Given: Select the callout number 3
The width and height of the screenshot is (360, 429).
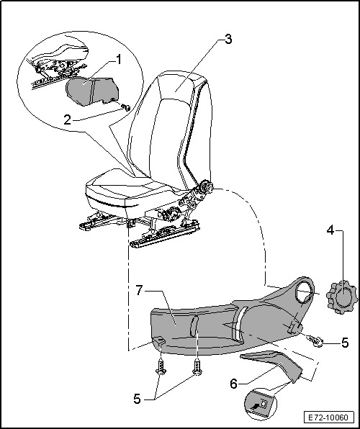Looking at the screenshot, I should (x=228, y=40).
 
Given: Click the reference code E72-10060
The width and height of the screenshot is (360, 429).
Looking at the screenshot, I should (x=325, y=417).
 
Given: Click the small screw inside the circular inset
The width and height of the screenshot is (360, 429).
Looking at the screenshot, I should (x=124, y=107).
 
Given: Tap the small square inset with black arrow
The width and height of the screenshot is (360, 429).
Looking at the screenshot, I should (x=261, y=405).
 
